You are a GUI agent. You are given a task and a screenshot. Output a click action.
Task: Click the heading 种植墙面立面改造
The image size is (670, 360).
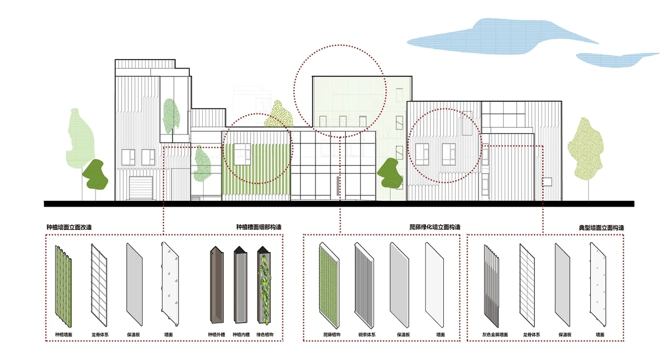tap(69, 228)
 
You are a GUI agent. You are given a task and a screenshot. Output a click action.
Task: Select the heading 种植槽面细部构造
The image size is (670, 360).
tap(259, 228)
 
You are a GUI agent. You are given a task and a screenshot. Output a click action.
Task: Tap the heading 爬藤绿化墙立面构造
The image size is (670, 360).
tap(434, 228)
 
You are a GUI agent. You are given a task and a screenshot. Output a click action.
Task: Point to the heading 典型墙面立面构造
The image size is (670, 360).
tap(601, 228)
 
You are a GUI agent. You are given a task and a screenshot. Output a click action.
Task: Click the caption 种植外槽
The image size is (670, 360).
tap(217, 335)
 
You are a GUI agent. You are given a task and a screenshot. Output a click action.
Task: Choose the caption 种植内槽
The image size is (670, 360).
tap(241, 335)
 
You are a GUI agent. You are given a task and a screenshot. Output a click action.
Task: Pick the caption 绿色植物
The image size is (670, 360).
tap(265, 335)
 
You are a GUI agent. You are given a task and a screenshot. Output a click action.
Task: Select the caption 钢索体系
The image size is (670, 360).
tap(366, 335)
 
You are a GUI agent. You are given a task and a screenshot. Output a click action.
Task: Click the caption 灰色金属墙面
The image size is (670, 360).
tap(495, 335)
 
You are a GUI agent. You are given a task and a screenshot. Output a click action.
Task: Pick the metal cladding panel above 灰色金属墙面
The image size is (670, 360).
tap(491, 285)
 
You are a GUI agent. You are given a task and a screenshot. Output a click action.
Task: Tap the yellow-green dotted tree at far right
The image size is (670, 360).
tap(586, 148)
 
